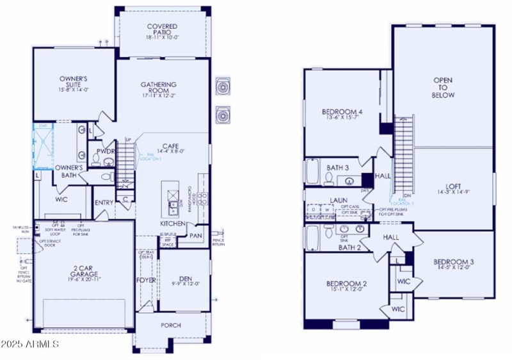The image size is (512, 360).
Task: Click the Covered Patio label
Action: pyautogui.click(x=162, y=30)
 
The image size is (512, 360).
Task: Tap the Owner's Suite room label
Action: pyautogui.click(x=74, y=83)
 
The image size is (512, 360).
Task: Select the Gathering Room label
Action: pyautogui.click(x=159, y=88)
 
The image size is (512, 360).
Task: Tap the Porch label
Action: pyautogui.click(x=171, y=325)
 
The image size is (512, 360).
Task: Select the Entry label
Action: pyautogui.click(x=104, y=203)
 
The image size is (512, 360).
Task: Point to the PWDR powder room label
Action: pyautogui.click(x=105, y=152)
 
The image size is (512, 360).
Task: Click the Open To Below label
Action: pyautogui.click(x=444, y=88)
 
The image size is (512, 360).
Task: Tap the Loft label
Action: pyautogui.click(x=444, y=186)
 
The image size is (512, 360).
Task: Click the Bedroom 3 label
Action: pyautogui.click(x=452, y=265)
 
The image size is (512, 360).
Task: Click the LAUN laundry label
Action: pyautogui.click(x=339, y=200)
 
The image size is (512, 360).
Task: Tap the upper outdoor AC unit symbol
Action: pyautogui.click(x=223, y=86)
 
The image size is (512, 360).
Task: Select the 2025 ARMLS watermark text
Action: pyautogui.click(x=31, y=345)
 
